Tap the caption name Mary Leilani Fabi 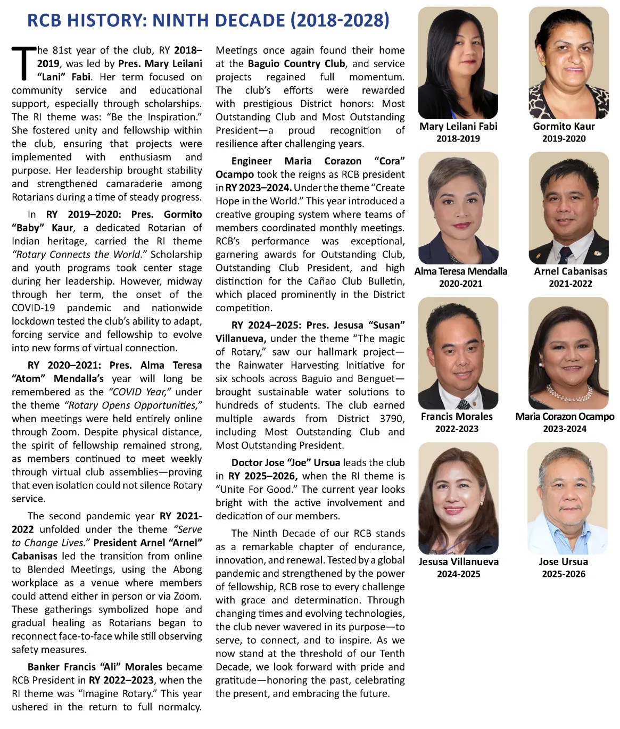click(x=458, y=126)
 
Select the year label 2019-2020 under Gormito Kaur click(x=564, y=138)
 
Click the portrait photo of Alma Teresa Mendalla click(x=458, y=208)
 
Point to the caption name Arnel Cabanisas click(x=570, y=271)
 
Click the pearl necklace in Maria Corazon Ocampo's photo click(x=569, y=393)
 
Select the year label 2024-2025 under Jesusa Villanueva click(x=458, y=574)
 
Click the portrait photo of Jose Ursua click(x=567, y=498)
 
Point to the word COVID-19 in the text click(x=34, y=308)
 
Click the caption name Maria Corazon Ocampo click(x=565, y=416)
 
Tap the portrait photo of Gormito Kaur click(x=568, y=63)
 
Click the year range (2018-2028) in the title click(x=340, y=20)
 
